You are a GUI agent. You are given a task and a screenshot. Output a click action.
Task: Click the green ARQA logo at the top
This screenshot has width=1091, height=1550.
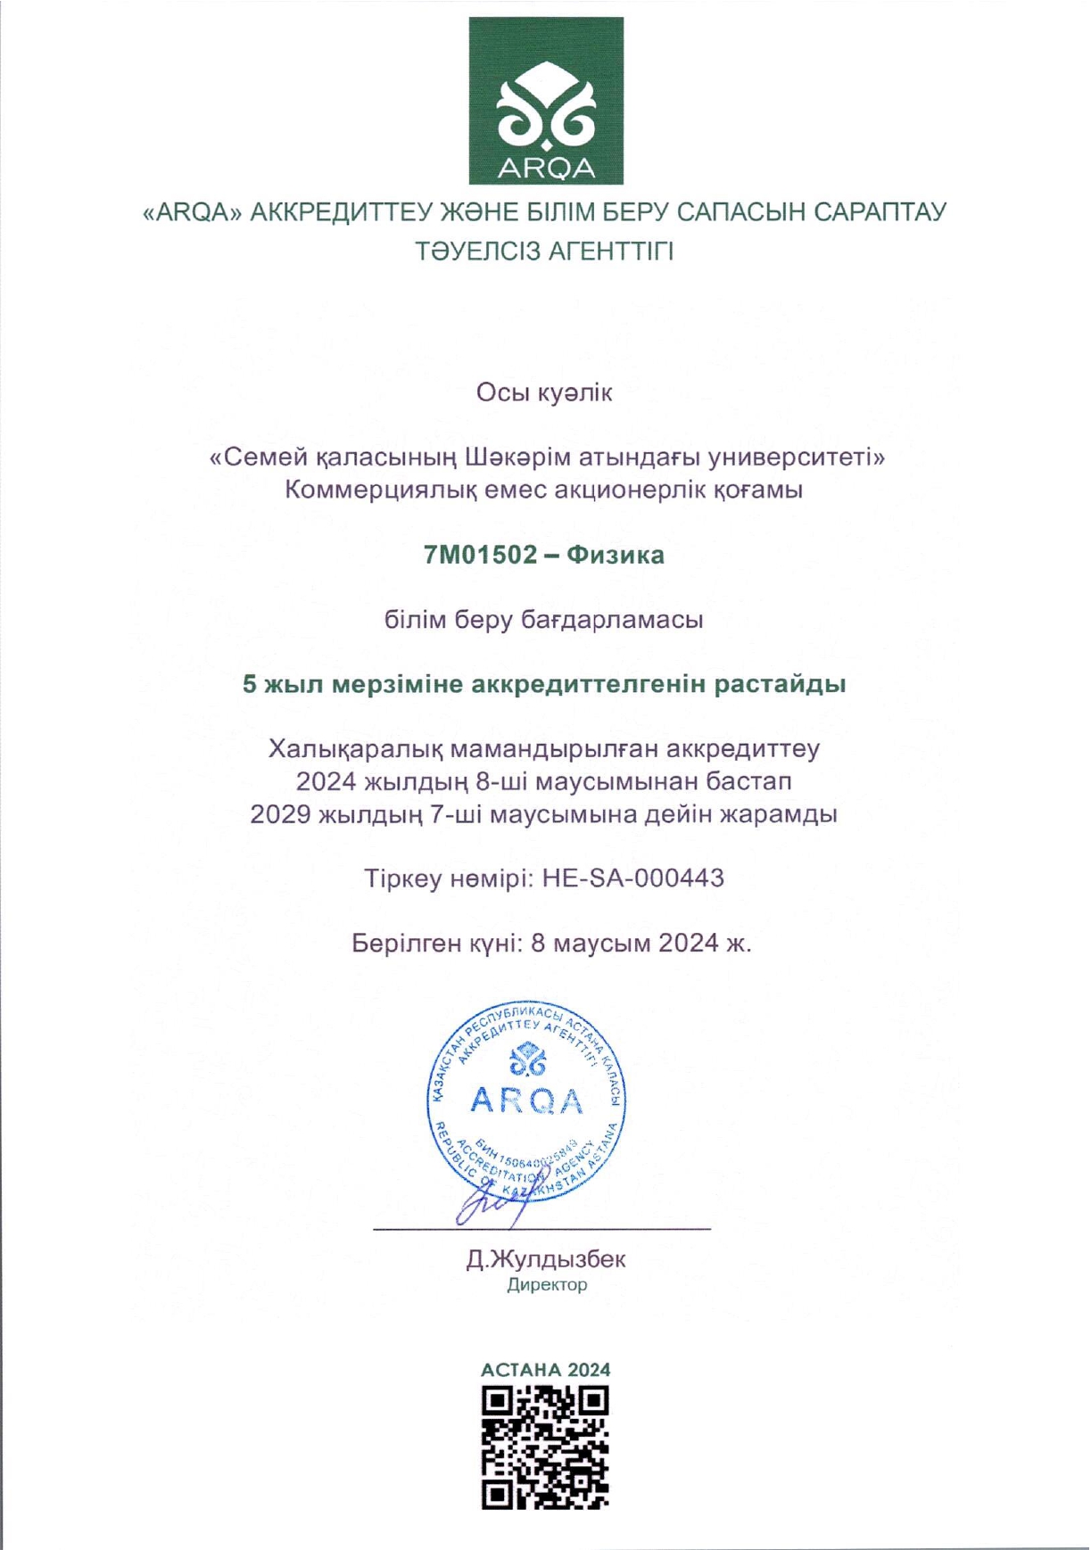pos(546,100)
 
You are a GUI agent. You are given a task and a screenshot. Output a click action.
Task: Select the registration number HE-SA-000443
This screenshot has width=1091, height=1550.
pos(633,878)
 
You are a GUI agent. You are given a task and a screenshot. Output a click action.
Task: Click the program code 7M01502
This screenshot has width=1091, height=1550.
pos(481,555)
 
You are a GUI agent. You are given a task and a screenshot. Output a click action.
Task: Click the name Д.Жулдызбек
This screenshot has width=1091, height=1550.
pos(545,1259)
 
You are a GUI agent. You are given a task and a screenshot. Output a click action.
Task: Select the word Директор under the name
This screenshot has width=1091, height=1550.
pos(547,1285)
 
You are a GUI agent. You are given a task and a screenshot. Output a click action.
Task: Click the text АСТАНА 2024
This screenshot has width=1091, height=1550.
pos(545,1370)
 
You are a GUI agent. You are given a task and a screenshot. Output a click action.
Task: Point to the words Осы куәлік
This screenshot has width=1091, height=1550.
pos(544,392)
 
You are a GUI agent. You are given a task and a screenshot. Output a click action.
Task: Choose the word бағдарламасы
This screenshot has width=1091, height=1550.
pos(613,619)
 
